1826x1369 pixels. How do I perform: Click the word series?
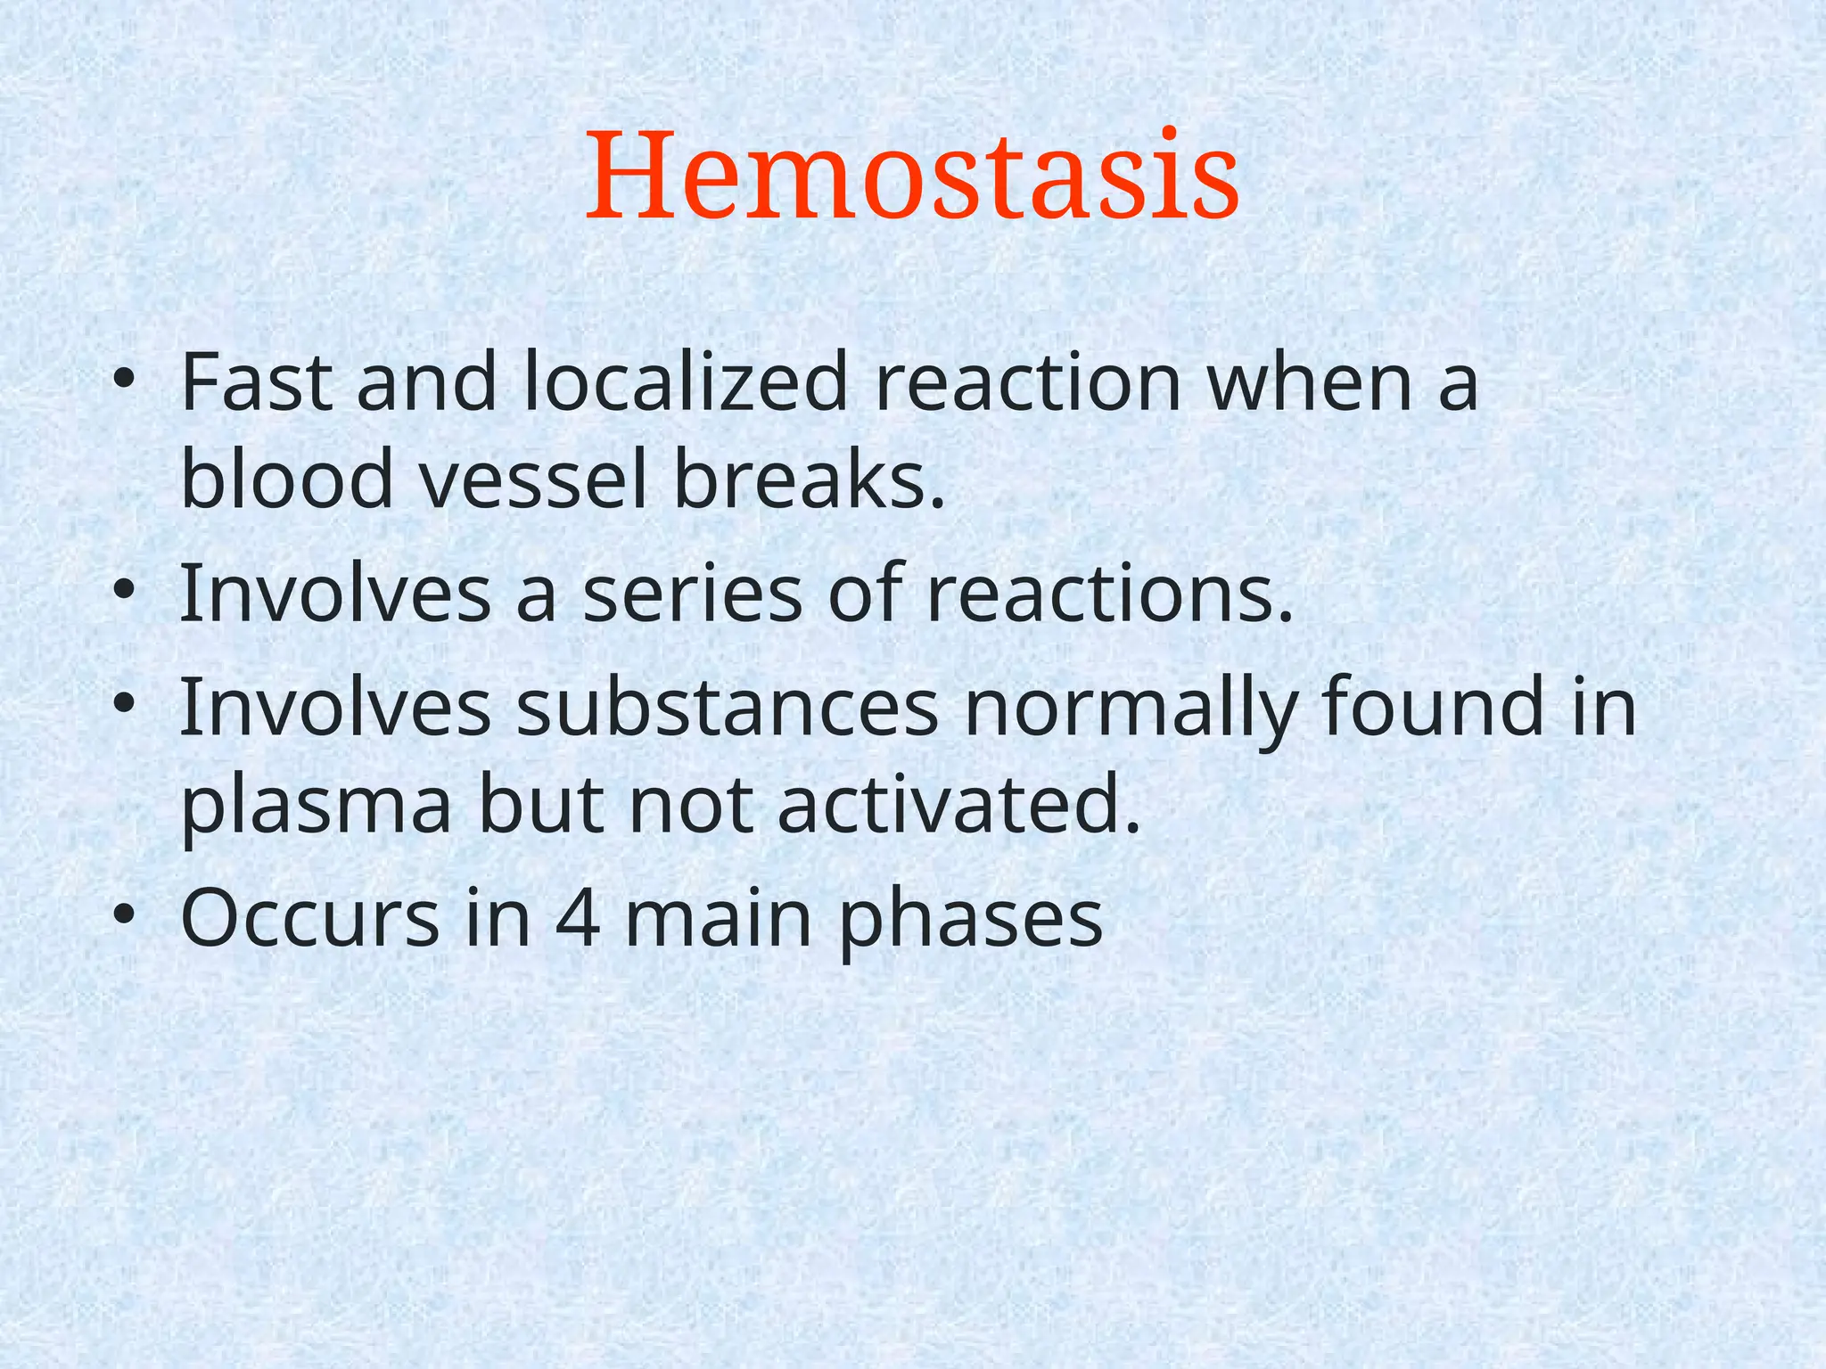pos(692,594)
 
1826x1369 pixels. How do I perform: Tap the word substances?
pos(727,708)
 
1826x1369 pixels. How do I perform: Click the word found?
pos(1434,706)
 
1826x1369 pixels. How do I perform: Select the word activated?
pos(958,804)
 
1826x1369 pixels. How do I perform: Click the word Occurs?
pos(309,920)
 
